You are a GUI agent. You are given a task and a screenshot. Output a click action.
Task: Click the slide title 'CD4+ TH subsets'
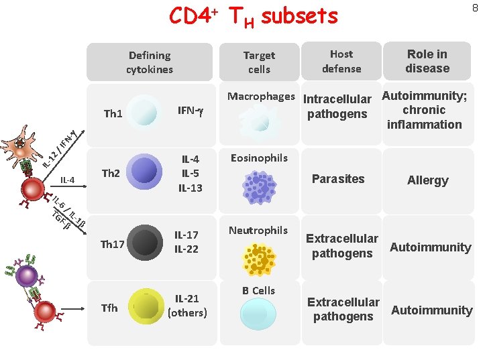(254, 16)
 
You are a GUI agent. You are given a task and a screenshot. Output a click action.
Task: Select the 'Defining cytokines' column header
(150, 62)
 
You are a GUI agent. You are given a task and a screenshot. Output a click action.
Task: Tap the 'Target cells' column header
(259, 62)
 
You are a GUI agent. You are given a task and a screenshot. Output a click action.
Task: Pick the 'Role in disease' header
(427, 61)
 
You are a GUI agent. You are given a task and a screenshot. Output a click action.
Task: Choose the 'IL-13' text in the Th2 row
(190, 188)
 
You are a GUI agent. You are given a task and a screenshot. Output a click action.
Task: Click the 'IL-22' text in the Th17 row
(186, 249)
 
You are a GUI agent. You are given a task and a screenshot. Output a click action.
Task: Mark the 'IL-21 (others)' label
(187, 305)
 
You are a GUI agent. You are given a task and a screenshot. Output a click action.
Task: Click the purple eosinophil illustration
(259, 187)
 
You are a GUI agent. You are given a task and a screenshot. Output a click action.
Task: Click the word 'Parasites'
(338, 178)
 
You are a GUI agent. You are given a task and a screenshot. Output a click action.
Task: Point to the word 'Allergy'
(427, 180)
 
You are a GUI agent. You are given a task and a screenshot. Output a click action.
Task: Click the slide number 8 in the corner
(475, 8)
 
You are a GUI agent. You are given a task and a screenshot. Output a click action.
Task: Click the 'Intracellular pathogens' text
(337, 107)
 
